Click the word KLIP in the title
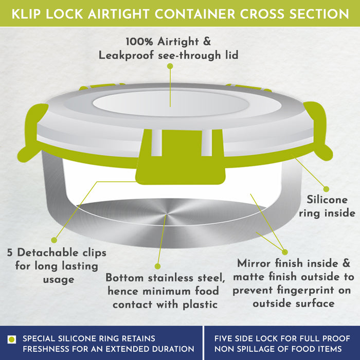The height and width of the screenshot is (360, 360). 26,14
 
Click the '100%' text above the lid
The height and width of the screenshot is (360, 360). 139,42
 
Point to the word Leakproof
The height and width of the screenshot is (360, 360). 126,56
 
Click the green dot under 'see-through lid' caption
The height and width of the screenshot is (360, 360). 170,66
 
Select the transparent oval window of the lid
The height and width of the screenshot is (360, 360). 171,103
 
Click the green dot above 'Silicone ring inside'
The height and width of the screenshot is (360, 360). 326,189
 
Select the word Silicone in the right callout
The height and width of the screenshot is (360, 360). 327,200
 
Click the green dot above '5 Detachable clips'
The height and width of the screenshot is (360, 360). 54,240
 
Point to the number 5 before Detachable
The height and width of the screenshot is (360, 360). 10,253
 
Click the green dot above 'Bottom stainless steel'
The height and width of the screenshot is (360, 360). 157,266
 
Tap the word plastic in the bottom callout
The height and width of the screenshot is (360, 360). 200,305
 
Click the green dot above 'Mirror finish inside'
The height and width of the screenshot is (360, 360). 285,252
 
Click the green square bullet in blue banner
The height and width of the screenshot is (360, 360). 12,339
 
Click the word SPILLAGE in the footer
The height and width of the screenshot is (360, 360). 258,349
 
